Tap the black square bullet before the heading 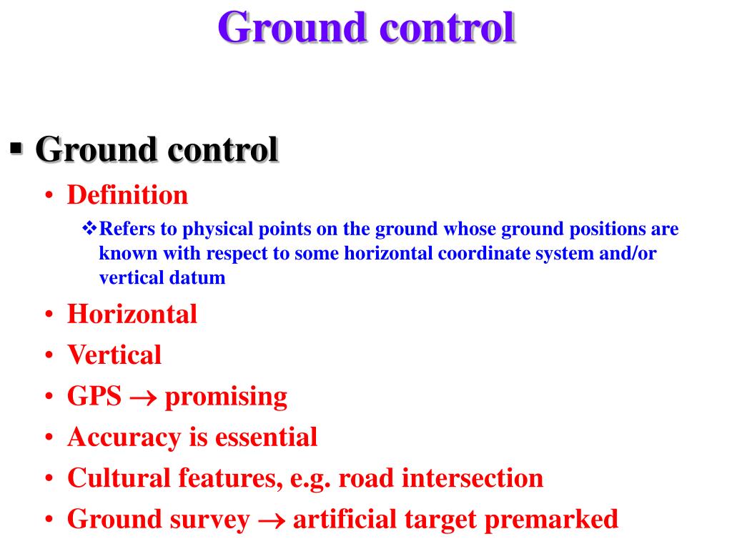click(x=17, y=150)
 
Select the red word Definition click(x=127, y=194)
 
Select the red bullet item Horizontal click(x=132, y=314)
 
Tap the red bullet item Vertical click(x=114, y=355)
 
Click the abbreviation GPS click(x=94, y=396)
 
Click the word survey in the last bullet click(x=214, y=520)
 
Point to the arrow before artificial click(x=271, y=520)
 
